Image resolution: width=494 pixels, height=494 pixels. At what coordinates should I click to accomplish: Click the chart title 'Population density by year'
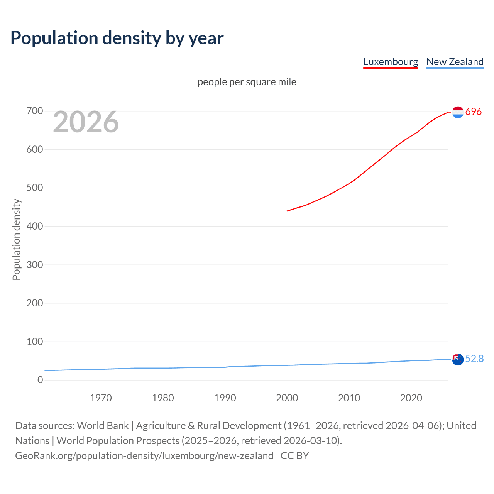(x=117, y=38)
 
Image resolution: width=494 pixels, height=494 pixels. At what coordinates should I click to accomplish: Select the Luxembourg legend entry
(x=391, y=62)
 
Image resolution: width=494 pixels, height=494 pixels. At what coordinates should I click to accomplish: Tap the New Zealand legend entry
(x=455, y=62)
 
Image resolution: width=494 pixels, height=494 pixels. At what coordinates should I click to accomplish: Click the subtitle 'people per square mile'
(x=247, y=82)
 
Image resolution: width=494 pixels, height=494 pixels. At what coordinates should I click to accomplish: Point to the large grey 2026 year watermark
(x=86, y=122)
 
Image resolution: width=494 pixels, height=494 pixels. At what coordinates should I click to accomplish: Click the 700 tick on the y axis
(x=35, y=111)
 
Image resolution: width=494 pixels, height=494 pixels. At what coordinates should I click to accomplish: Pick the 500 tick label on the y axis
(x=35, y=188)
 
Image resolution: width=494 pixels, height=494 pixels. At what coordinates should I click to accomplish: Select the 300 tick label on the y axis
(x=35, y=265)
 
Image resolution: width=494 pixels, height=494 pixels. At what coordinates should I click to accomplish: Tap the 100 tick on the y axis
(x=35, y=342)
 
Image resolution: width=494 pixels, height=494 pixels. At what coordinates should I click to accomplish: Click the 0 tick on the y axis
(x=40, y=380)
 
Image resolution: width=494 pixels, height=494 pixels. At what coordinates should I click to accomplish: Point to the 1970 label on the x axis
(x=101, y=398)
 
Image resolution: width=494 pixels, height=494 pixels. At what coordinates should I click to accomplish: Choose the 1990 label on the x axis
(x=225, y=398)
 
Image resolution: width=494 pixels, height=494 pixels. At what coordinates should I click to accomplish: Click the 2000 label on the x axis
(x=287, y=398)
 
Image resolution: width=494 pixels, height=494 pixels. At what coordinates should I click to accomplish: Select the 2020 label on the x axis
(x=411, y=398)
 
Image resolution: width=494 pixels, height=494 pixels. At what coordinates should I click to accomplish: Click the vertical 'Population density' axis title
(x=16, y=239)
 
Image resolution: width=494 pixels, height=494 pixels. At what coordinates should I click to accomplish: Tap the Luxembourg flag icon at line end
(x=458, y=112)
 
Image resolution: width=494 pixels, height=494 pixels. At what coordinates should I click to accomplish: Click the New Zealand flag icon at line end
(x=458, y=359)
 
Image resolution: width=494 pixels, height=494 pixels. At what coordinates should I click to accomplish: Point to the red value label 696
(x=474, y=112)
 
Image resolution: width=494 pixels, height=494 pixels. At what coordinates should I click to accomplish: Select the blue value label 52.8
(x=474, y=359)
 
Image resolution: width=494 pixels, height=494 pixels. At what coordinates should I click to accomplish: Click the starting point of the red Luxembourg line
(x=287, y=211)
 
